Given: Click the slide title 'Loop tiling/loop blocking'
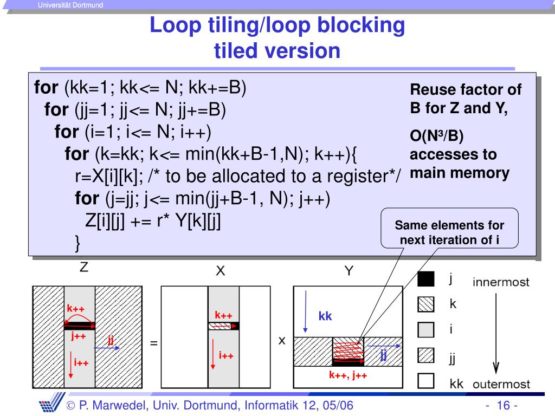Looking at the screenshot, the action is tap(277, 25).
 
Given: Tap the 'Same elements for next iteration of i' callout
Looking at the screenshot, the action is tap(449, 232).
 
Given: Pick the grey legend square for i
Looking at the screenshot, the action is tap(427, 330).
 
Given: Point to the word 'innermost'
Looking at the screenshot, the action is tap(501, 282).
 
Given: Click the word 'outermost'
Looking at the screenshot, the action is tap(501, 384).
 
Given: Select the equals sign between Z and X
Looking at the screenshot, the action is tap(153, 343).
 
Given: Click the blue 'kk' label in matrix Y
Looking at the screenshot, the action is tap(325, 317).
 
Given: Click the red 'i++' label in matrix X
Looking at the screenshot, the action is tap(226, 355).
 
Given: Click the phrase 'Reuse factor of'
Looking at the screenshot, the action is tap(466, 89).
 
